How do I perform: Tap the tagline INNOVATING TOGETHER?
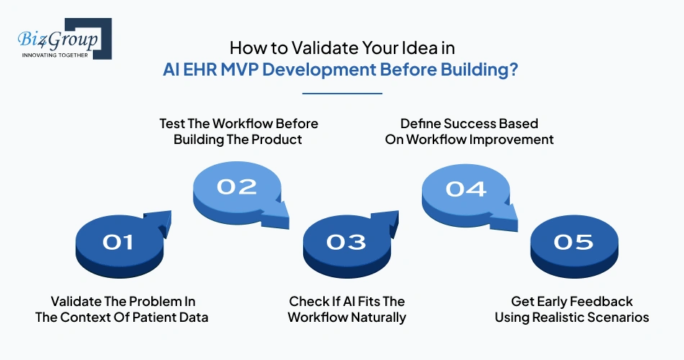pyautogui.click(x=55, y=55)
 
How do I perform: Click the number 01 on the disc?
pyautogui.click(x=118, y=242)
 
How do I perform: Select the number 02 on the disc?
pyautogui.click(x=237, y=186)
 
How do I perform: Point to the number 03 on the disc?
pyautogui.click(x=346, y=242)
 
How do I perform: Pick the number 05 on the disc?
pyautogui.click(x=574, y=242)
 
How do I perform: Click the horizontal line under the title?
pyautogui.click(x=342, y=93)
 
